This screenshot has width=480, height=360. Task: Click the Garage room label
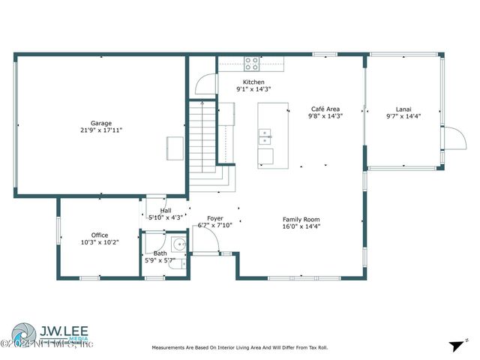pos(100,123)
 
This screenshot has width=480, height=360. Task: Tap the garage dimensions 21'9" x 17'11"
pos(100,130)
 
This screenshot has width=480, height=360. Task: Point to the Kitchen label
pos(253,82)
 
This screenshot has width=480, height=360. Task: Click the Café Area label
pos(326,109)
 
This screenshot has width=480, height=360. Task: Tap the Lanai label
pos(403,109)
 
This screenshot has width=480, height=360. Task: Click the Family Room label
pos(301,219)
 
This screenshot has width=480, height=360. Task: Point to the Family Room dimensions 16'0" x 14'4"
pos(301,226)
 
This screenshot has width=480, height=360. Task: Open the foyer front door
pos(206,240)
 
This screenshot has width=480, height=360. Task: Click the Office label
pos(100,235)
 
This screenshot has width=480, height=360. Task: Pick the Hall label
pos(165,211)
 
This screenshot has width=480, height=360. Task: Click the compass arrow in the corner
pos(455,345)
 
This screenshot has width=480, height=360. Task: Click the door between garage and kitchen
pos(201,86)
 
